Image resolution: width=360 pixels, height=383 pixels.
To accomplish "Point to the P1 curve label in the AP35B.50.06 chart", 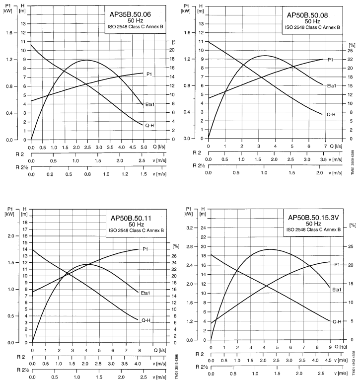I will point(147,74).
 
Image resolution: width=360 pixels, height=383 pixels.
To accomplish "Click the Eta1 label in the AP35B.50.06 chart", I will point(150,104).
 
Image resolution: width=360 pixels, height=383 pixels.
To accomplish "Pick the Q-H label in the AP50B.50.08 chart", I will point(331,114).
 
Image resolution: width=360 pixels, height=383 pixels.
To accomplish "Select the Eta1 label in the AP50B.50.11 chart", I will point(146,293).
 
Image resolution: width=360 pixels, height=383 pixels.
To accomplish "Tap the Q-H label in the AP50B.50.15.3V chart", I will point(336,321).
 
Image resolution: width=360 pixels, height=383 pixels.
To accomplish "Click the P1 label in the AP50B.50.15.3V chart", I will point(337,264).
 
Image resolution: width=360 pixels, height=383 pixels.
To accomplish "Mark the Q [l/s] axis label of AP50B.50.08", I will point(336,146).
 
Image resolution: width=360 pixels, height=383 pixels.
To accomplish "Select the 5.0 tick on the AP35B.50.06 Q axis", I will point(143,148).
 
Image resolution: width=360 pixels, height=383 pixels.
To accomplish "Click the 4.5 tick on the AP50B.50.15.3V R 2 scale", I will point(328,360).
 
